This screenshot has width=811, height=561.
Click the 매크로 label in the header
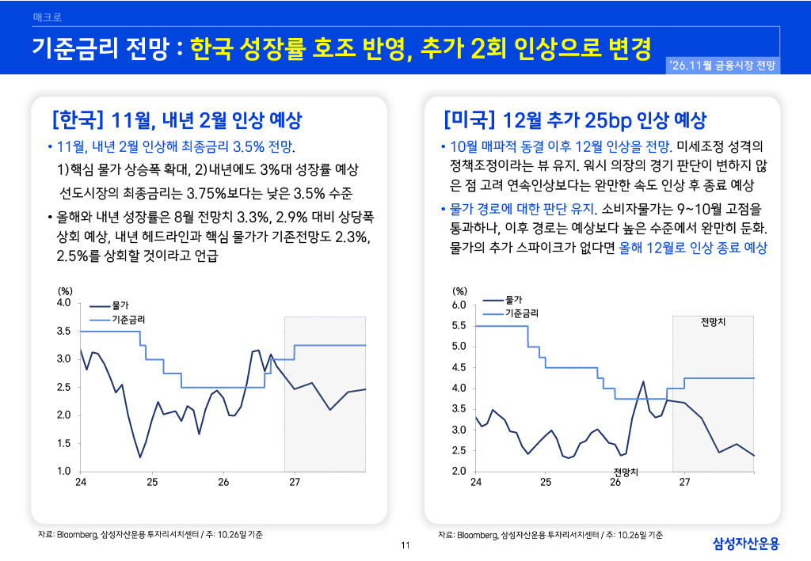[47, 17]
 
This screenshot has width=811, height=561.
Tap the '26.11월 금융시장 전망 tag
[722, 66]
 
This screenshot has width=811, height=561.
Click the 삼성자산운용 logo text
[746, 544]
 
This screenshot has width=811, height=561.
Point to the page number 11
[405, 545]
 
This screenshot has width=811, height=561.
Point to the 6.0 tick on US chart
[459, 305]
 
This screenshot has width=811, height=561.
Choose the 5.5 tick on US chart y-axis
[459, 325]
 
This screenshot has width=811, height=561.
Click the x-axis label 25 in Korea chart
[152, 482]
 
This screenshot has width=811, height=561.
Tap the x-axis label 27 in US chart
[684, 482]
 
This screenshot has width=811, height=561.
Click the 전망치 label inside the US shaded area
[713, 322]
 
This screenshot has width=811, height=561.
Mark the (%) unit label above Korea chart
[65, 291]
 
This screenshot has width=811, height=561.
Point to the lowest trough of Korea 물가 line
[139, 457]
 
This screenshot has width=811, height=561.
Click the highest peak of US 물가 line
[643, 381]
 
